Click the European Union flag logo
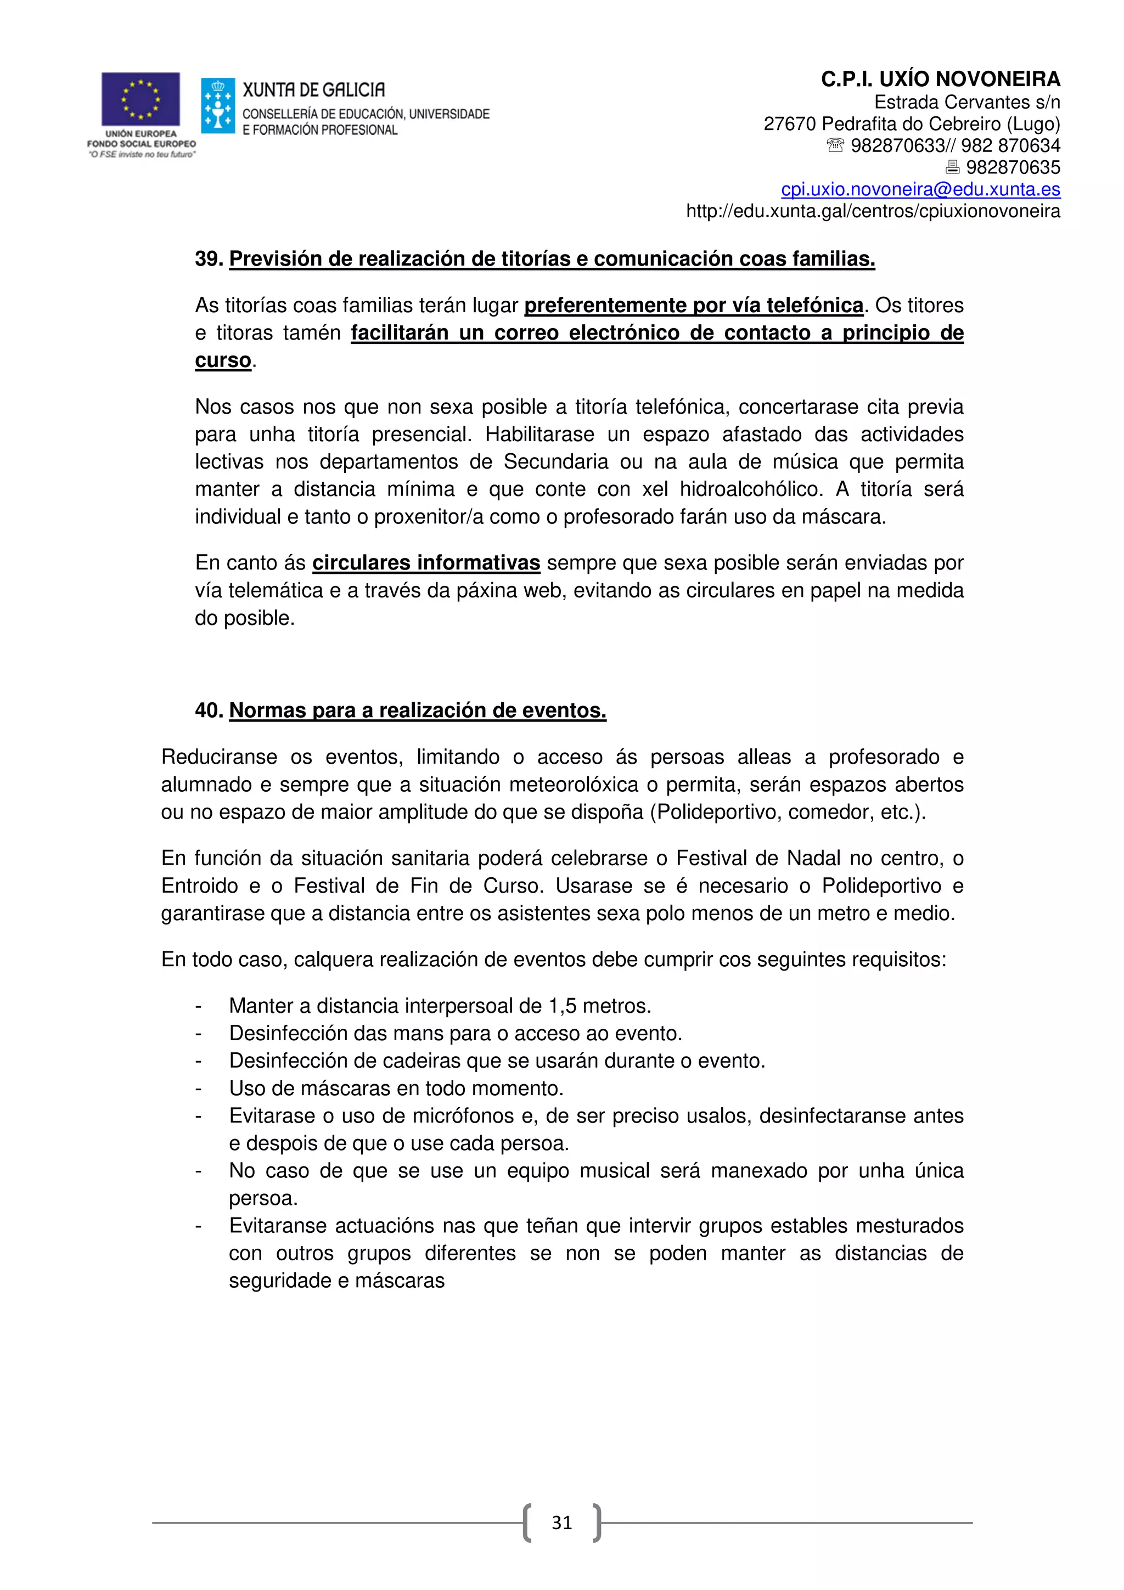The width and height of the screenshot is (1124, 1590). point(140,99)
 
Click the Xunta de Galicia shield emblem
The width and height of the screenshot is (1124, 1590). point(217,106)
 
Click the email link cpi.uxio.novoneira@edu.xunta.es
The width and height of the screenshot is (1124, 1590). point(920,189)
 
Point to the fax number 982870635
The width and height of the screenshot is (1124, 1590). point(1013,167)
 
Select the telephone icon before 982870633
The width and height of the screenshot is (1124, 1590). point(835,145)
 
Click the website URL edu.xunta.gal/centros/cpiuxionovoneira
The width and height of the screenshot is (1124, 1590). point(873,211)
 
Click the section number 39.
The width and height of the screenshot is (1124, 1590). point(208,259)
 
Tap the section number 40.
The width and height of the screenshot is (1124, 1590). point(208,711)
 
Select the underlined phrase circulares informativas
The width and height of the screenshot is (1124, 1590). point(425,563)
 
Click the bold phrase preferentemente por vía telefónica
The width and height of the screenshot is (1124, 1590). point(693,306)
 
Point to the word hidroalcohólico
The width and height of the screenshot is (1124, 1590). point(751,489)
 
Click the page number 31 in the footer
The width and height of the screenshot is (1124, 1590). point(561,1522)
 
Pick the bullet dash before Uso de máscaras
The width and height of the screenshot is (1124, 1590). point(199,1089)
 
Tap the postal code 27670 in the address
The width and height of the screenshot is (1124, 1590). point(790,124)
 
